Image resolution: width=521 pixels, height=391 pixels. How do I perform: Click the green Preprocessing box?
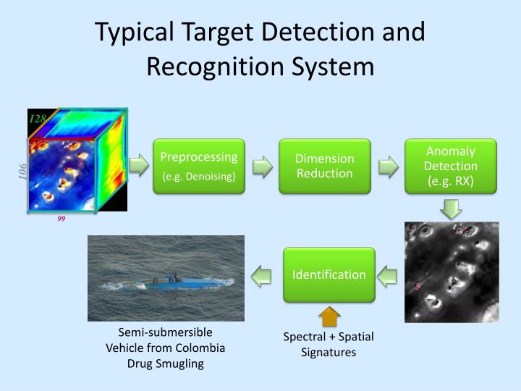[x=199, y=166]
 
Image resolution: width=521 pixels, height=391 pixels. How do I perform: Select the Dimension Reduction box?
[x=325, y=166]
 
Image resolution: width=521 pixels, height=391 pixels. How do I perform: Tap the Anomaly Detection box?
[x=451, y=166]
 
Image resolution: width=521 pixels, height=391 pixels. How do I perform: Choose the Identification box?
[x=329, y=274]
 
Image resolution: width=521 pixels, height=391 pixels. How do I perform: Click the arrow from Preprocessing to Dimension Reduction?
[x=263, y=166]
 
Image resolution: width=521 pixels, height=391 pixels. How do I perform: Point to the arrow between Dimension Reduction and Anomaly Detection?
[x=389, y=166]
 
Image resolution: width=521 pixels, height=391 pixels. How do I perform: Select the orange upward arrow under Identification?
[x=329, y=316]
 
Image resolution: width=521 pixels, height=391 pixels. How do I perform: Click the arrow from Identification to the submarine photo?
[x=262, y=275]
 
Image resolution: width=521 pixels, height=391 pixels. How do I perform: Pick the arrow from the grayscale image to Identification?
[x=389, y=275]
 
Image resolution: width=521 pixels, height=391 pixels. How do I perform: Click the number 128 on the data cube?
[x=38, y=118]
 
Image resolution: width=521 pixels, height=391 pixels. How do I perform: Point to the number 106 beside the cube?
[x=22, y=172]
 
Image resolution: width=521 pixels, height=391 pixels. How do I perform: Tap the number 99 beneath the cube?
[x=62, y=219]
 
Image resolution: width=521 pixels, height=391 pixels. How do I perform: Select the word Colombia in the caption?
[x=201, y=348]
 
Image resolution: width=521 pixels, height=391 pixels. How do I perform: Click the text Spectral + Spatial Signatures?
[x=329, y=345]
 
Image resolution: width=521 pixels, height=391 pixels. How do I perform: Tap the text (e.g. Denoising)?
[x=199, y=177]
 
